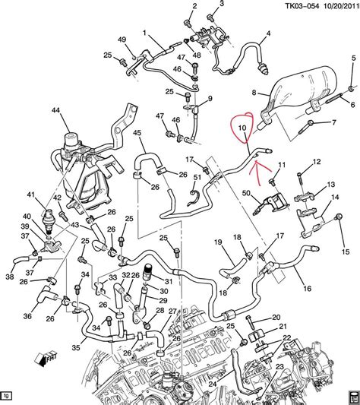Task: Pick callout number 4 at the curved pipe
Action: pos(267,34)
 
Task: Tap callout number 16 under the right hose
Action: pos(307,289)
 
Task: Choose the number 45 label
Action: pos(137,134)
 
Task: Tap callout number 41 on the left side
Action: pos(31,196)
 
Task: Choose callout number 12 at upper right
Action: pos(316,161)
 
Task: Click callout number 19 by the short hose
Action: pos(216,242)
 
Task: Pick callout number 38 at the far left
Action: pos(8,277)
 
